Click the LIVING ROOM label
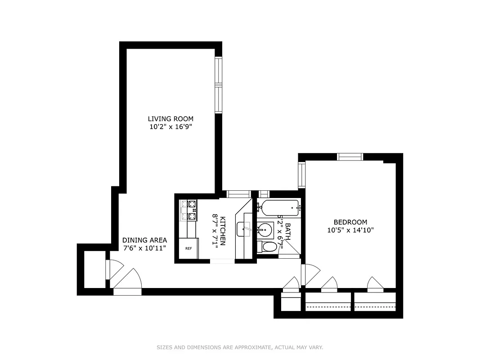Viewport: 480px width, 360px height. coord(170,119)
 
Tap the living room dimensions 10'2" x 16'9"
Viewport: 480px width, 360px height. coord(170,127)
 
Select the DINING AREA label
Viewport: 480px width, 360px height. coord(144,240)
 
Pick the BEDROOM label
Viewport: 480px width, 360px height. coord(350,222)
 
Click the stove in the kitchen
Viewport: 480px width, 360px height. coord(188,210)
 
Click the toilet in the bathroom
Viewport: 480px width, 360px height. coord(268,247)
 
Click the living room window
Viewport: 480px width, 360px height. coord(219,85)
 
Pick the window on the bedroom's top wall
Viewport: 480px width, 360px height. coord(350,157)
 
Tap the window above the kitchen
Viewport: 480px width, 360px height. coord(238,194)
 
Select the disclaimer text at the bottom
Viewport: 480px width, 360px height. coord(240,347)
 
